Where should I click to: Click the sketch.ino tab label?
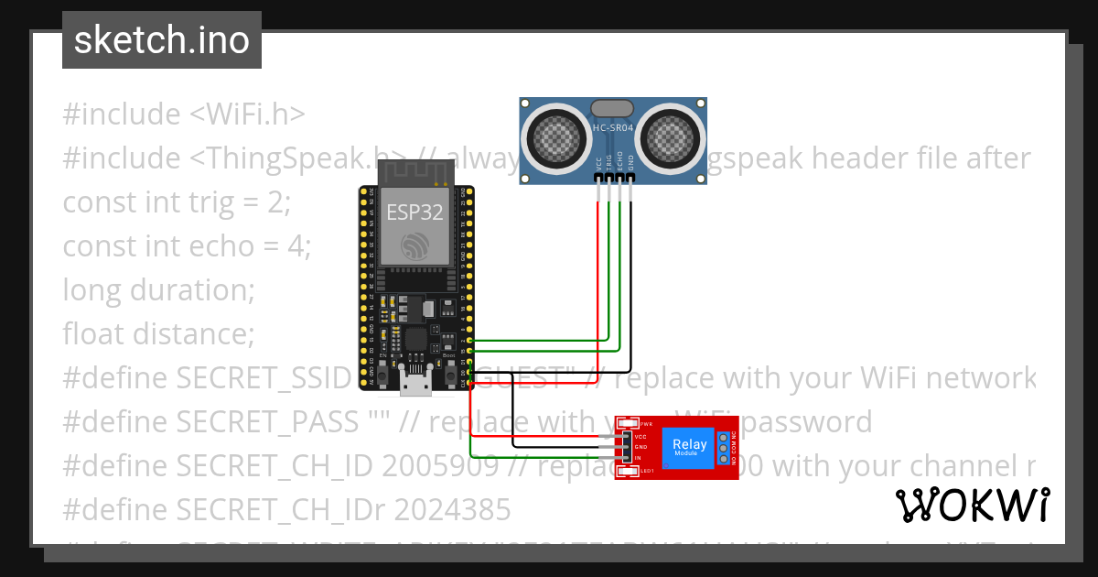(x=162, y=40)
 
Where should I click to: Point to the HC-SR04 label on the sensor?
(x=613, y=128)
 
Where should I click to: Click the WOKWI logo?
(x=973, y=505)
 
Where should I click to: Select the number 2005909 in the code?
(x=440, y=465)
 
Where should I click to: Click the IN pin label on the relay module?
(x=638, y=457)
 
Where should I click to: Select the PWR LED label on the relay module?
(x=646, y=425)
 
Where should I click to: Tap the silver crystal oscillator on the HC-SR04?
(x=613, y=108)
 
